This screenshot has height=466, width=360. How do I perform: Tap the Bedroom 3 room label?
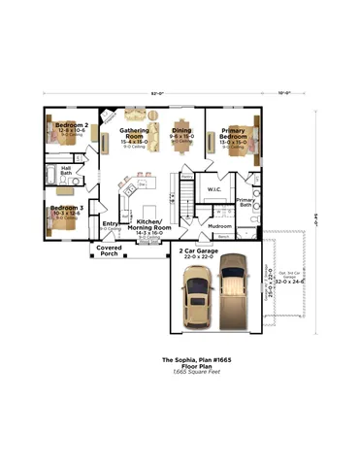click(67, 208)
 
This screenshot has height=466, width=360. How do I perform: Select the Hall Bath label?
click(66, 169)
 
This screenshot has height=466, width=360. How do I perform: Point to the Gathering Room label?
click(134, 132)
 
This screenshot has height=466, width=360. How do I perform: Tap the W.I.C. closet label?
click(215, 188)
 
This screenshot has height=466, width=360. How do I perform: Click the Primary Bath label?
click(245, 203)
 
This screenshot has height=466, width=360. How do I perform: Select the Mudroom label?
click(220, 225)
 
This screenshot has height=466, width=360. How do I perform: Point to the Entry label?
click(111, 223)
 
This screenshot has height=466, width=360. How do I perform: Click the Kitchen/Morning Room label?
click(147, 224)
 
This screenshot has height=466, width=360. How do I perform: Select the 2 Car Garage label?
click(198, 250)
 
